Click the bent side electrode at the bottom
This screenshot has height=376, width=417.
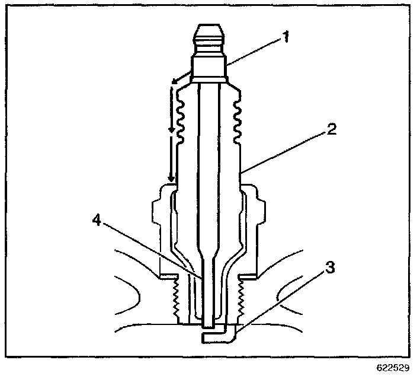(x=219, y=336)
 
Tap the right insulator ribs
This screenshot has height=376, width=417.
(x=237, y=119)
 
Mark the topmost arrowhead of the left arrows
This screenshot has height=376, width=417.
(x=172, y=82)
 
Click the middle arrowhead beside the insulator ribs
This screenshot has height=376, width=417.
(x=172, y=129)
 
